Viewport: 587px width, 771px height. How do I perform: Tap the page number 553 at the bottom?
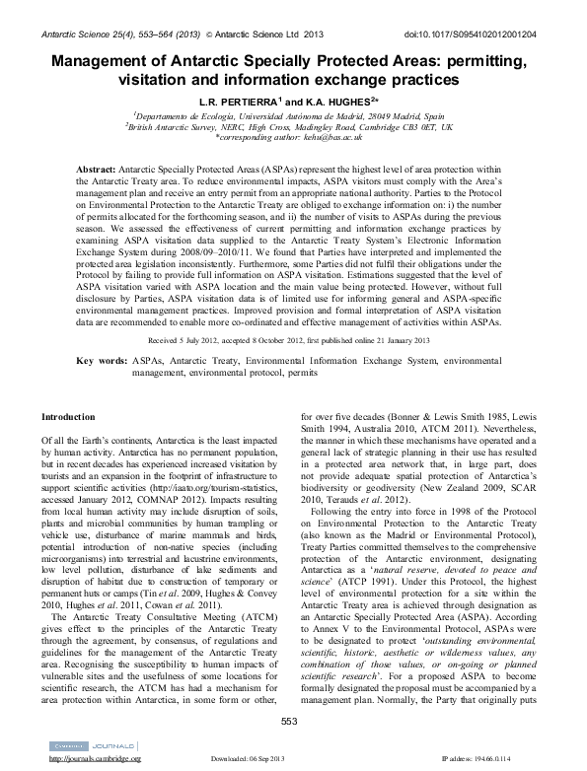click(289, 722)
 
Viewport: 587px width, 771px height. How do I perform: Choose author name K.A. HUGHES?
click(327, 101)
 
